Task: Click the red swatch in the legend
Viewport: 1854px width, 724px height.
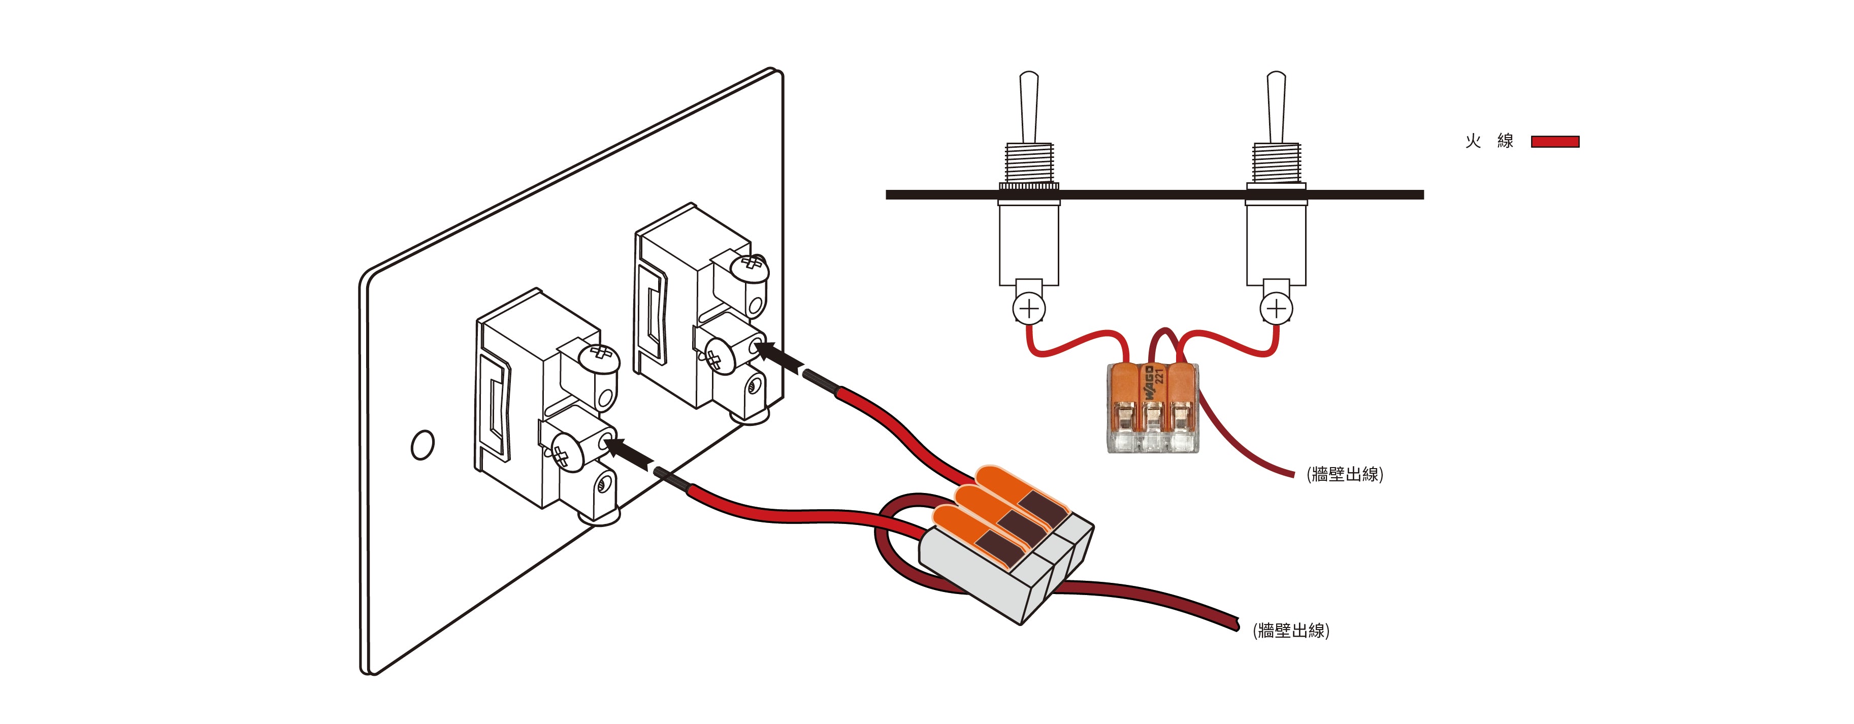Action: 1554,142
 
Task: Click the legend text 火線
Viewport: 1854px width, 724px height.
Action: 1489,141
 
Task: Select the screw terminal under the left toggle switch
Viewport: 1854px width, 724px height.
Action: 1029,309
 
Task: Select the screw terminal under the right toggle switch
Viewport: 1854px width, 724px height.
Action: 1276,309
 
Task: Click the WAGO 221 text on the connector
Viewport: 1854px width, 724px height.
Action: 1154,385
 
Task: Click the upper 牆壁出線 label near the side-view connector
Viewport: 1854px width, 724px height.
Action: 1345,474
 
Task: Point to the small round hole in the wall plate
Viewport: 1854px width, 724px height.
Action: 422,445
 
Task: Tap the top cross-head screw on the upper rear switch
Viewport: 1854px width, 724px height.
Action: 750,266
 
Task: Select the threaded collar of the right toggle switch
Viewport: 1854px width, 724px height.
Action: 1276,162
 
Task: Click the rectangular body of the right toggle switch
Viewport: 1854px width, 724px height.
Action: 1276,245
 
